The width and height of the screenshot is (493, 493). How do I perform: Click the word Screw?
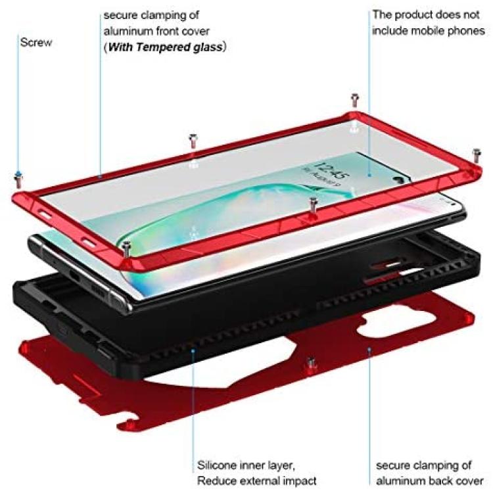(x=36, y=43)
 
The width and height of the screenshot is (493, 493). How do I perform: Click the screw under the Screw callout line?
(x=18, y=180)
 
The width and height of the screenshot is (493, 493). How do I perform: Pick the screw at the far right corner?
(x=477, y=156)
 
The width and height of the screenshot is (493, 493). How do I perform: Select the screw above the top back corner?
(x=355, y=101)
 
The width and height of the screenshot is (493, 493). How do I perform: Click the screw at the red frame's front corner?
(x=127, y=248)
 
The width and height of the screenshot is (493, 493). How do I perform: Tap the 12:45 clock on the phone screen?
(x=331, y=170)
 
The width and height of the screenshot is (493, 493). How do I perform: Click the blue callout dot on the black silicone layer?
(x=193, y=351)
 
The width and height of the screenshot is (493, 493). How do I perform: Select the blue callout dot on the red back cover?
(x=369, y=349)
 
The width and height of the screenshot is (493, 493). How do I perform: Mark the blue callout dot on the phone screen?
(x=369, y=175)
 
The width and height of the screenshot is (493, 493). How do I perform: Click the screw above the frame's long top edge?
(x=193, y=141)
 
